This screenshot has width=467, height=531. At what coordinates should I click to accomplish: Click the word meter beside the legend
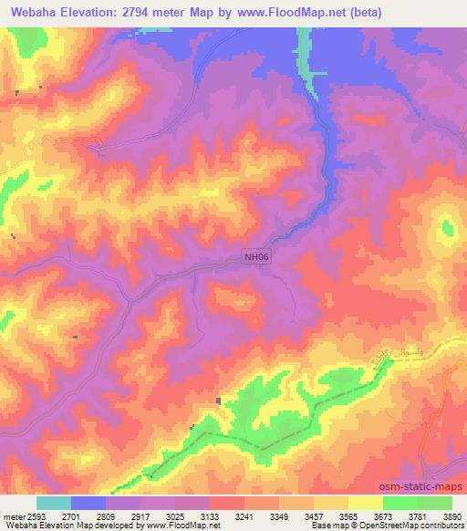(x=9, y=515)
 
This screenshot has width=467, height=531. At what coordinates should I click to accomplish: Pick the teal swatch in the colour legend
(x=53, y=503)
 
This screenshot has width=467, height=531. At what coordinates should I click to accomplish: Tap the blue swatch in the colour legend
(x=88, y=503)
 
